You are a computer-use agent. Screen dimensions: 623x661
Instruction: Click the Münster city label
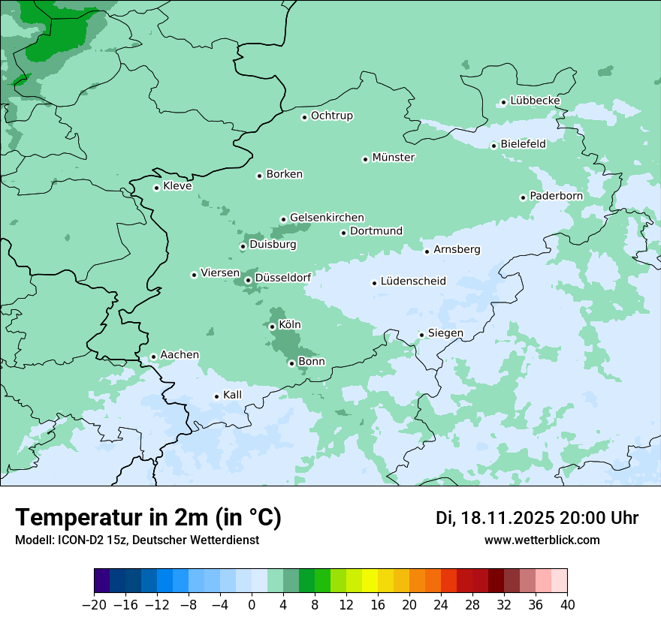394,158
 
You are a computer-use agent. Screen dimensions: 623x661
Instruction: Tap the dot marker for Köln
273,327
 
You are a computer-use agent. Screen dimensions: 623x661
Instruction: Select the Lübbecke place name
535,101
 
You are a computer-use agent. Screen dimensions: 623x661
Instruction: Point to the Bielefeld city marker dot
494,146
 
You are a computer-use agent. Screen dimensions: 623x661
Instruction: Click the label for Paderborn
556,196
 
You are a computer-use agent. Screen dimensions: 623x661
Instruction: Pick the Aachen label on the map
180,355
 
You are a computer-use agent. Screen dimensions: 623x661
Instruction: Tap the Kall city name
233,395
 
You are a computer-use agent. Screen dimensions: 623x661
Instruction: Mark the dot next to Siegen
422,335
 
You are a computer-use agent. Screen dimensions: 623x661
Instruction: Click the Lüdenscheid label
413,281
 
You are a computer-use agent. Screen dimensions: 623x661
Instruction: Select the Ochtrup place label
332,116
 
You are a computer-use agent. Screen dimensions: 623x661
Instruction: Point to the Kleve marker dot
157,188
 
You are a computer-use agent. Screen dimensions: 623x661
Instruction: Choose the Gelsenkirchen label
327,218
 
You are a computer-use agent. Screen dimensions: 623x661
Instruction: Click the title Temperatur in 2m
149,517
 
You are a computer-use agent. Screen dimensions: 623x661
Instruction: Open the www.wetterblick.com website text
542,540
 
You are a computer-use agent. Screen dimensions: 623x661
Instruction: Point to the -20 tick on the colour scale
95,604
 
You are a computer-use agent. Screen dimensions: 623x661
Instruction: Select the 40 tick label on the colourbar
567,604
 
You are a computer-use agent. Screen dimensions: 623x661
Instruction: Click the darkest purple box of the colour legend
102,581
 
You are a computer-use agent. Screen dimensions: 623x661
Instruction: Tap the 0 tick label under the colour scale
252,604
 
